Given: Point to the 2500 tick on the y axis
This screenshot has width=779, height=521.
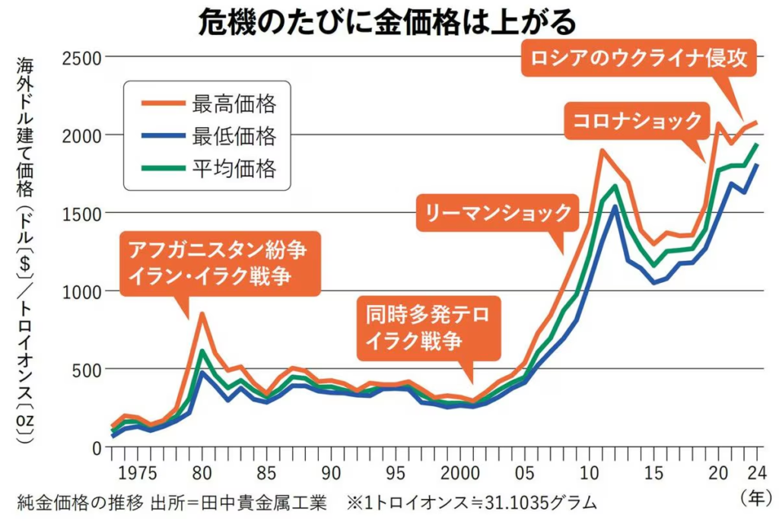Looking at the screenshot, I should coord(81,58).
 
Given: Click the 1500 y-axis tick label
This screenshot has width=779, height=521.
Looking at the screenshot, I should coord(81,213).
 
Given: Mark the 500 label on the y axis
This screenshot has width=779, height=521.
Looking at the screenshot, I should coord(86,370).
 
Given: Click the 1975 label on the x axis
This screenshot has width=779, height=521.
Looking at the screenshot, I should coord(138,472).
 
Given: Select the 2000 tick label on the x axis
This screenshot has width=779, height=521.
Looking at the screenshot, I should coord(458,472).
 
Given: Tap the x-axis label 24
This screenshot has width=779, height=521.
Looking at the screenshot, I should coord(758,472).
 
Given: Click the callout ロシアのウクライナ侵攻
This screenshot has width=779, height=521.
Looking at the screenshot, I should coord(640,58).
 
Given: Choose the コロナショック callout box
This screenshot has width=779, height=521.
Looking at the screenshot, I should coord(637,120).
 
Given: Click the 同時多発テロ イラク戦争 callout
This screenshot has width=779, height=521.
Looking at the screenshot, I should coord(429,327).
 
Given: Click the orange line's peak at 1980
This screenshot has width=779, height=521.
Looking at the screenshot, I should coord(202,313).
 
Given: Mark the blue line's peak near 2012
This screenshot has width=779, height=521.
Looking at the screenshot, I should coord(614,205).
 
